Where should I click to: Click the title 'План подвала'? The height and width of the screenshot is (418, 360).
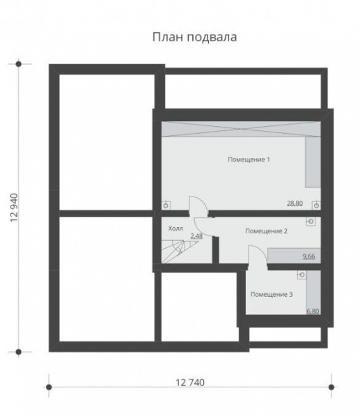(x=194, y=37)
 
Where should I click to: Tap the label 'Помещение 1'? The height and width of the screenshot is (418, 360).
(x=249, y=160)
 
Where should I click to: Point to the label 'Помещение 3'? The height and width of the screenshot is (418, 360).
(x=272, y=295)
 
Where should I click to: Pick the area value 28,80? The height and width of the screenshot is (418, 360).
(x=295, y=203)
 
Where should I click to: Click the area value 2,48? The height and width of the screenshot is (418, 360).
(x=196, y=236)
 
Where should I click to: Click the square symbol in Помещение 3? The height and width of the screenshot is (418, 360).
(x=301, y=274)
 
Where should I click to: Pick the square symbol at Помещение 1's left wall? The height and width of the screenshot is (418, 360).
(x=166, y=205)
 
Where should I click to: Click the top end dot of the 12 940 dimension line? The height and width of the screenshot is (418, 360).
(x=19, y=63)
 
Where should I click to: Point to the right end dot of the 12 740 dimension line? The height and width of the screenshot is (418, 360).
(x=331, y=384)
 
